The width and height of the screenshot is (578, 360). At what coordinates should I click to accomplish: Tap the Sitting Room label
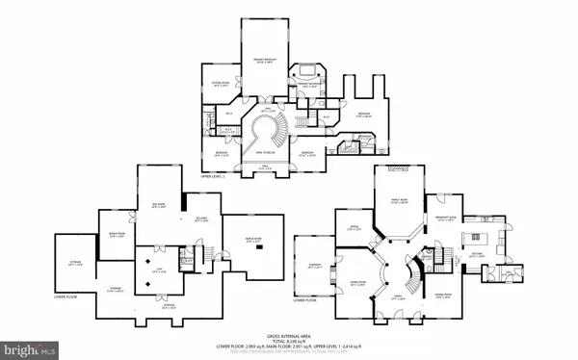coord(219,84)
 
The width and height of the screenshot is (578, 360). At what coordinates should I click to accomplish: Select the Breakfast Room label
coord(450,219)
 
